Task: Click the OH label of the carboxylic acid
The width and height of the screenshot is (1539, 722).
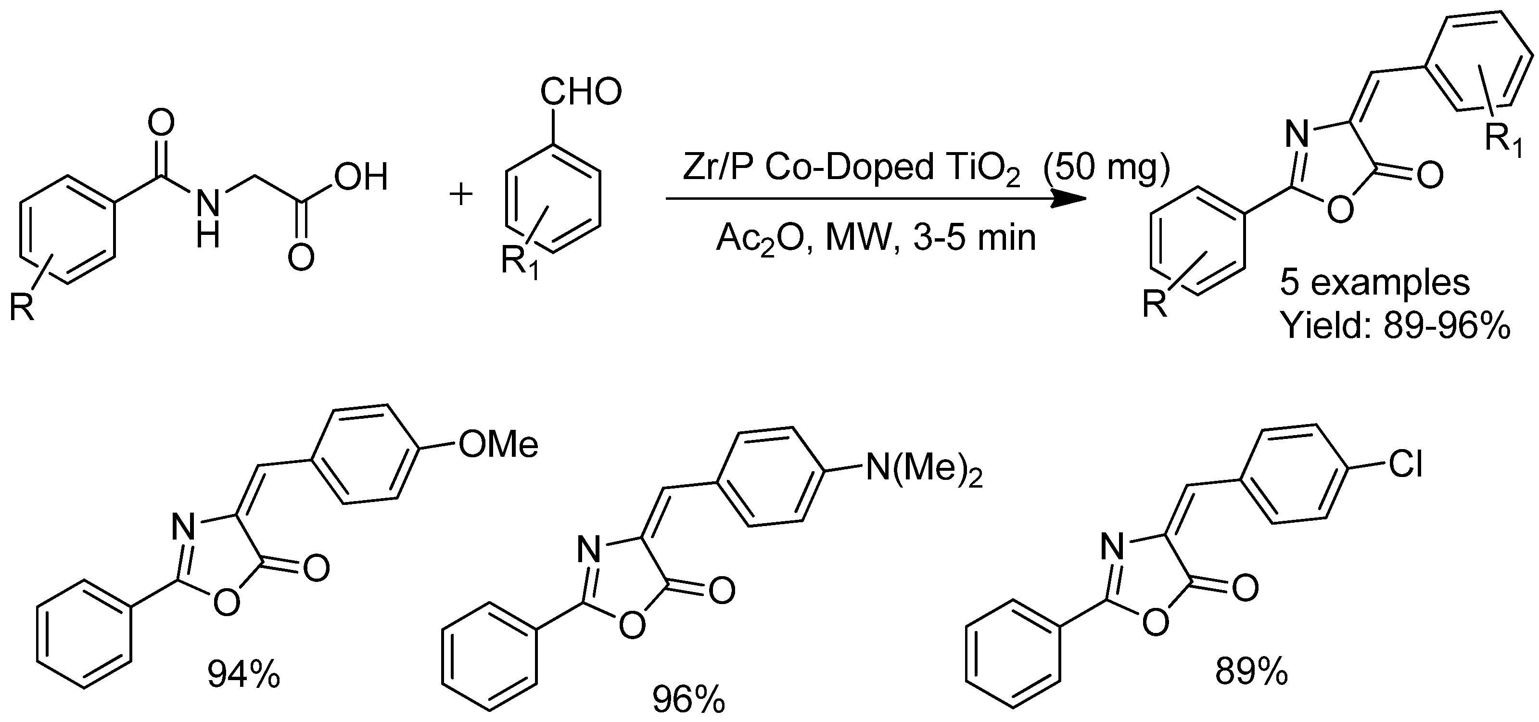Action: pyautogui.click(x=361, y=178)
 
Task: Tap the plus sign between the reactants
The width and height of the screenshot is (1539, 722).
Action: pyautogui.click(x=460, y=194)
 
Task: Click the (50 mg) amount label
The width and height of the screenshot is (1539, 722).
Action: pyautogui.click(x=1105, y=168)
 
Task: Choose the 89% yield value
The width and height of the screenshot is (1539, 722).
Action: pyautogui.click(x=1251, y=673)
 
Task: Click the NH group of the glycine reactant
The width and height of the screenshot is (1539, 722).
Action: pyautogui.click(x=207, y=218)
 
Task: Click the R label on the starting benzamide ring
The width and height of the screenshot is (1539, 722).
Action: pyautogui.click(x=22, y=309)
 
